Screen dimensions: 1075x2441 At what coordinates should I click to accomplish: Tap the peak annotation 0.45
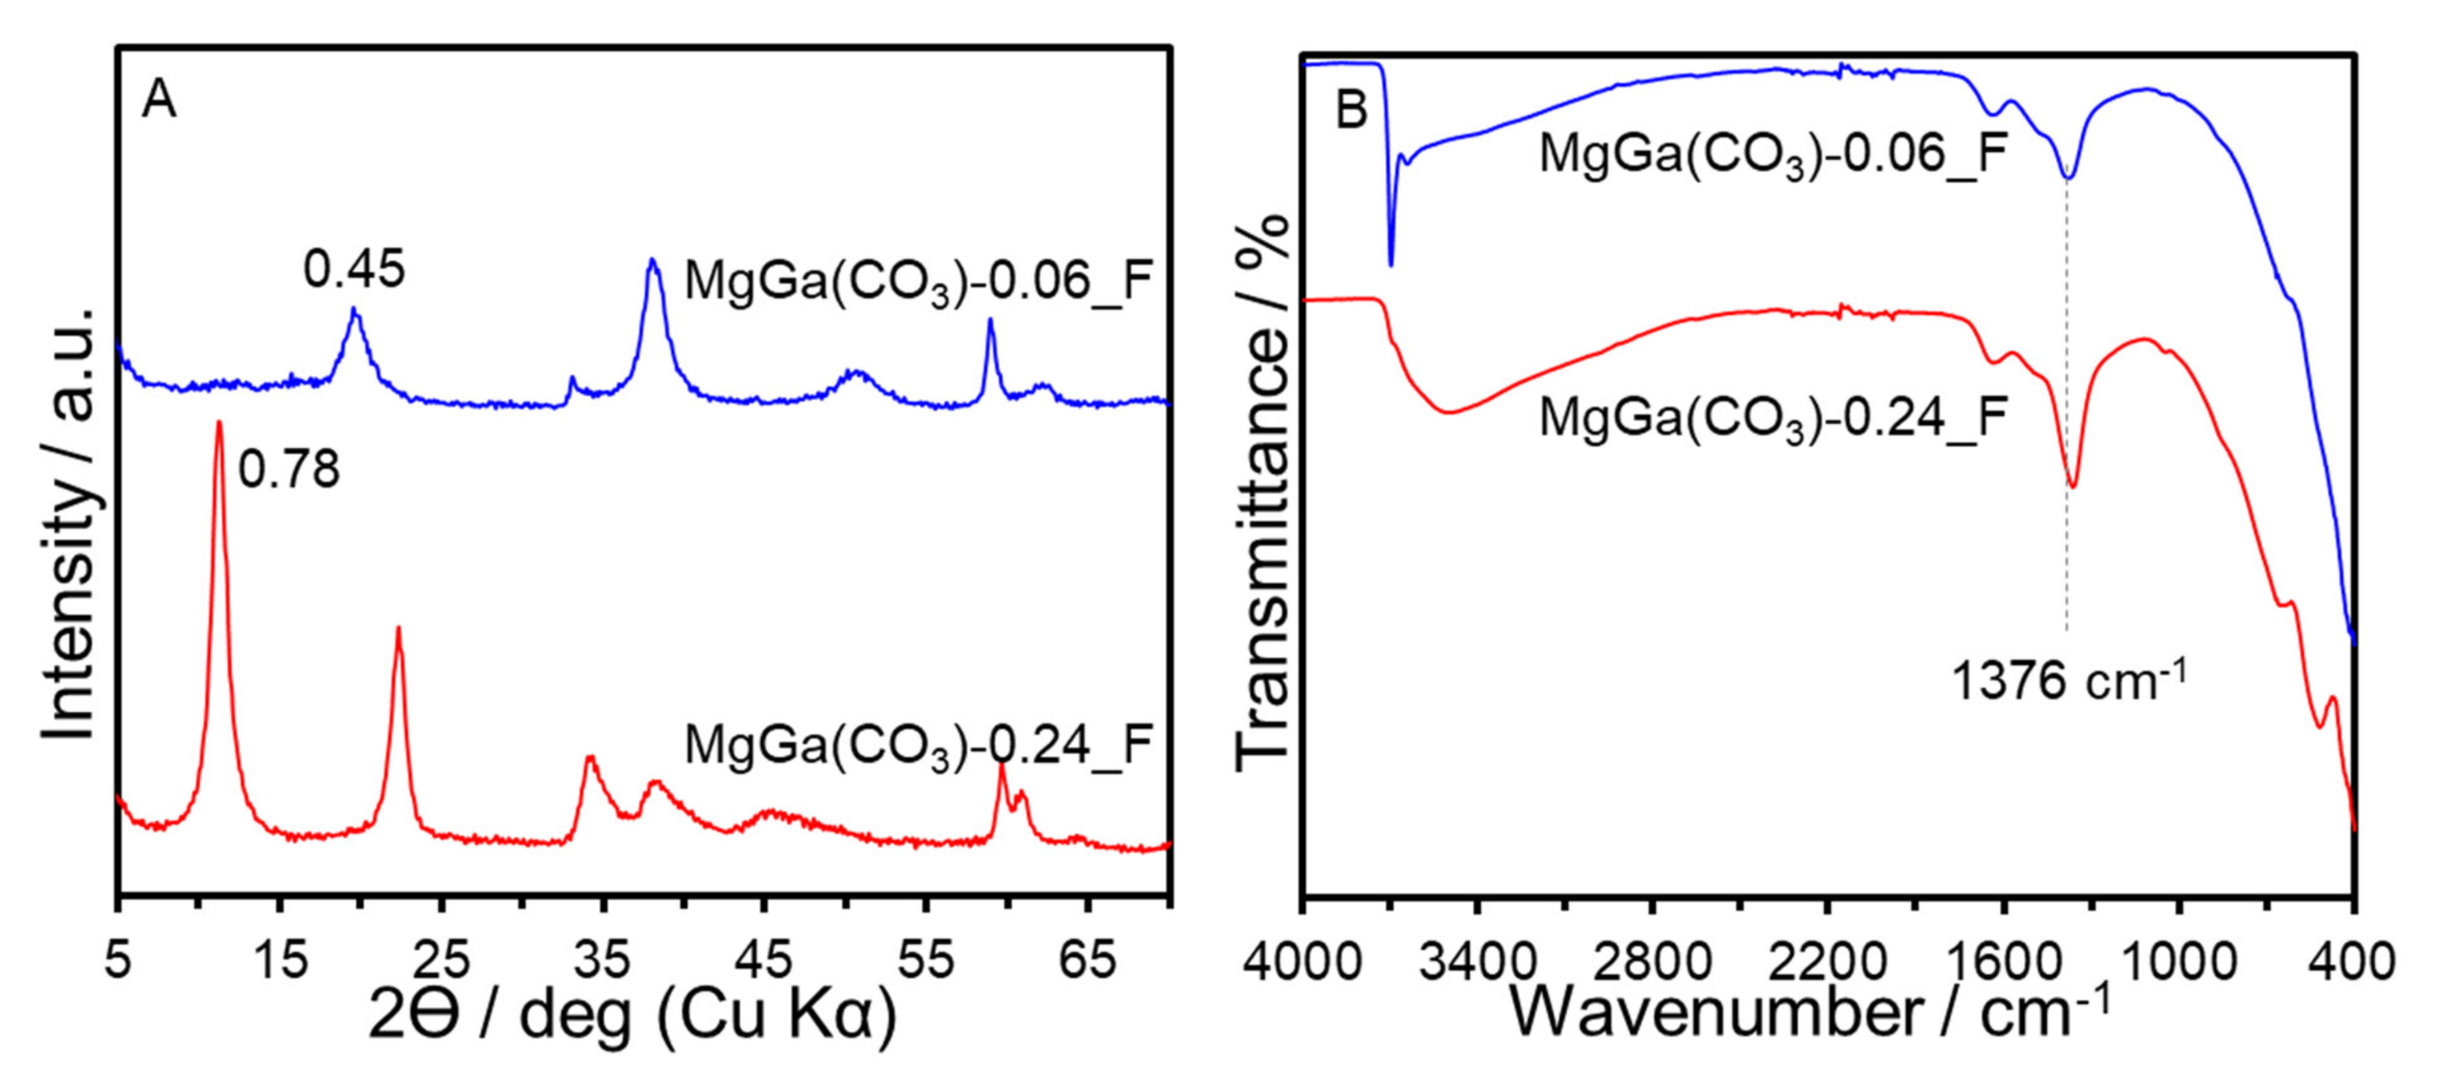[354, 269]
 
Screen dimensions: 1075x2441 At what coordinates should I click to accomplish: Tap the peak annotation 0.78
[288, 469]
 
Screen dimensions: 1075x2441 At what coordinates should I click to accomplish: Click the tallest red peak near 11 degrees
[219, 426]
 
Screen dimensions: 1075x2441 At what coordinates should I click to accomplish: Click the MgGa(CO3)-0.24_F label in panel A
[917, 746]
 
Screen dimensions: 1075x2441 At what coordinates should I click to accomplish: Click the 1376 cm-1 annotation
[2069, 680]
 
